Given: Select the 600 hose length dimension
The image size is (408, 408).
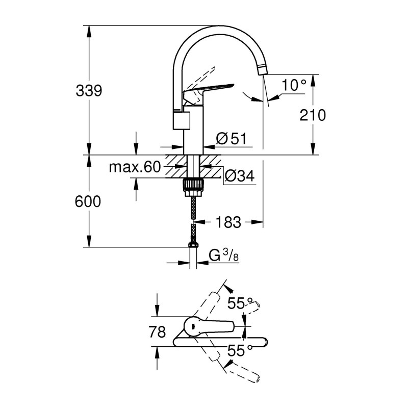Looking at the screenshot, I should (88, 201).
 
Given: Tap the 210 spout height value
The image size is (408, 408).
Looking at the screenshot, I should (313, 115).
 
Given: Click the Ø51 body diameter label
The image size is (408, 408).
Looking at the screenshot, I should (231, 138).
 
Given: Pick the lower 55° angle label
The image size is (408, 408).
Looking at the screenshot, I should (240, 350).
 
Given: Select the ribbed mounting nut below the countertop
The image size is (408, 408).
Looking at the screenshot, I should (193, 185).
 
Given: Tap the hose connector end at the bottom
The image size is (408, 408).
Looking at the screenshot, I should (193, 245).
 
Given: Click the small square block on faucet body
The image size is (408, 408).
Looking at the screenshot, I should (182, 120).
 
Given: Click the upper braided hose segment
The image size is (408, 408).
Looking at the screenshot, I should (193, 208).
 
